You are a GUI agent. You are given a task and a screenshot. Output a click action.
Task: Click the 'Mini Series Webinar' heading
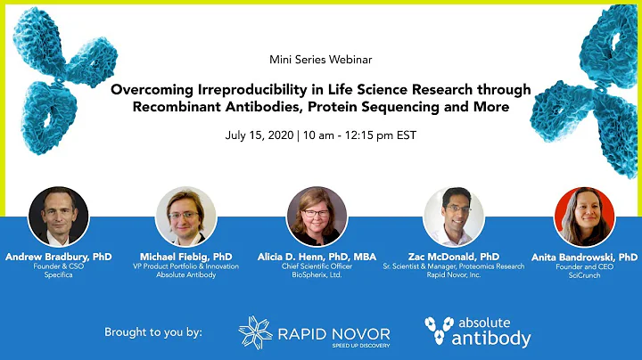[x=320, y=61]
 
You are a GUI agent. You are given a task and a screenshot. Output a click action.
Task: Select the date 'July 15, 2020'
[x=259, y=136]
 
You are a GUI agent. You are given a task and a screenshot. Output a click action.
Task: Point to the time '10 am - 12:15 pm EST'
[x=356, y=136]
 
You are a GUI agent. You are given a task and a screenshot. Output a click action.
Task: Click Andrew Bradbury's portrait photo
[x=58, y=217]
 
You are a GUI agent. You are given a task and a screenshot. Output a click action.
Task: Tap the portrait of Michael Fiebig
[x=185, y=217]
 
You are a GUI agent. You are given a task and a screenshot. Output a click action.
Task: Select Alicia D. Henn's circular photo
[x=317, y=217]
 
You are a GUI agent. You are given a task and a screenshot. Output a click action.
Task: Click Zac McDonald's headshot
[x=453, y=217]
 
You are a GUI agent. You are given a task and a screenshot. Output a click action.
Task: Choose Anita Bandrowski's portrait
[x=584, y=217]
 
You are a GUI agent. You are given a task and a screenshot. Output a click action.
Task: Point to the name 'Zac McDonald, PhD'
[x=454, y=256]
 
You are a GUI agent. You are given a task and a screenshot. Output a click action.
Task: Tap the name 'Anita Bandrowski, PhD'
[x=584, y=256]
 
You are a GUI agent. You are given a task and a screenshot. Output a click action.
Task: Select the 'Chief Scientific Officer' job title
[x=317, y=266]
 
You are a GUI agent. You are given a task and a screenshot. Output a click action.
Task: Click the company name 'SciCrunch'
[x=584, y=276]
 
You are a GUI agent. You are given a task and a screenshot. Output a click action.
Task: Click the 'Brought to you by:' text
[x=153, y=332]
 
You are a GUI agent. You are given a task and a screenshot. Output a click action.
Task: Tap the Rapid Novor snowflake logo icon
[x=256, y=331]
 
